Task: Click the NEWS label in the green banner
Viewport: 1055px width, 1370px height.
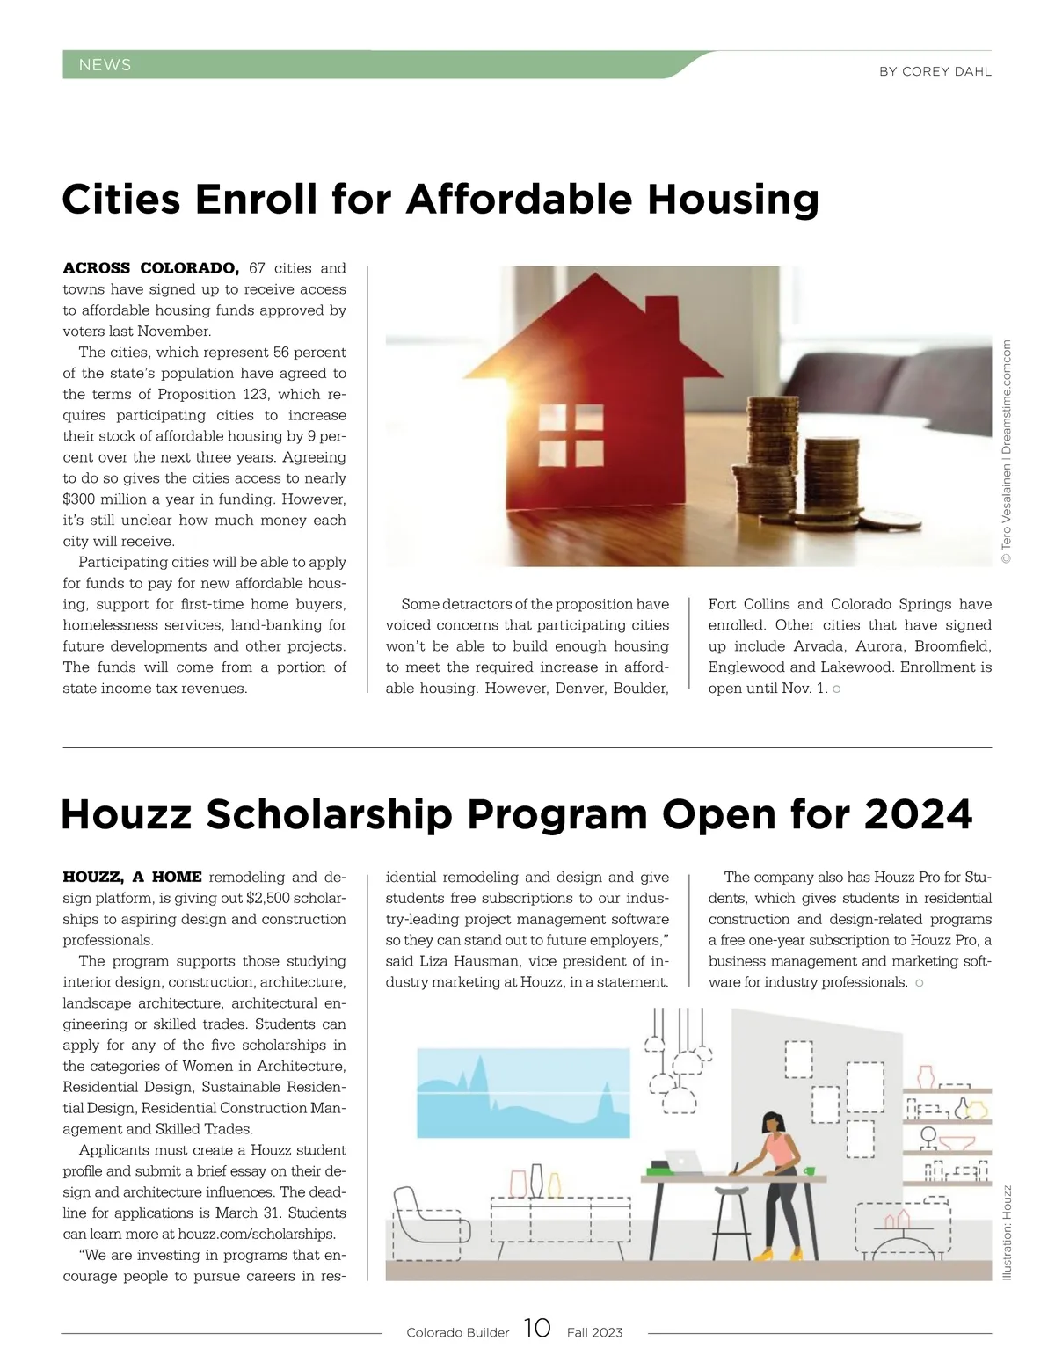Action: coord(105,65)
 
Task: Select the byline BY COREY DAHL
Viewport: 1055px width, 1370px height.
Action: coord(935,71)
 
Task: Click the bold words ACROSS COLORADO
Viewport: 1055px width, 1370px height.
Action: coord(150,268)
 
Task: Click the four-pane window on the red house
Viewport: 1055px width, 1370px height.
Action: coord(571,434)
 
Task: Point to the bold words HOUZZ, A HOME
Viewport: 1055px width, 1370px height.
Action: coord(132,877)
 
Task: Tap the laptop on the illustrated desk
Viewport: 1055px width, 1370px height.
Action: coord(683,1162)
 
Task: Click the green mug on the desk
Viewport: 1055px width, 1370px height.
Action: coord(809,1170)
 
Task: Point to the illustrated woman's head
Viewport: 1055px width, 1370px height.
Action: coord(773,1123)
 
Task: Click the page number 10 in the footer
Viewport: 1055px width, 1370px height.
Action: coord(537,1328)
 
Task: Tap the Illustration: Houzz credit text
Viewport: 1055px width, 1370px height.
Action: coord(1008,1233)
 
